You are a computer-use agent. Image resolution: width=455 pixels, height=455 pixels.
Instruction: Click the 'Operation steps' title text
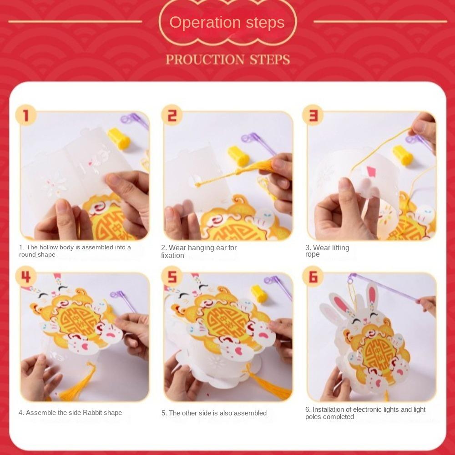(227, 23)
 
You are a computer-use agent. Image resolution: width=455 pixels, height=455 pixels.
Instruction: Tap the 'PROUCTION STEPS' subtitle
(228, 60)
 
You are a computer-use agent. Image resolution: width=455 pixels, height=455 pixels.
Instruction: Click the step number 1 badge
(26, 115)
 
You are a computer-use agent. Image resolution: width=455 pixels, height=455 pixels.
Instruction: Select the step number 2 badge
(172, 115)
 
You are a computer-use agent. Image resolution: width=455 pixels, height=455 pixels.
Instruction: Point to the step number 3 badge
(313, 115)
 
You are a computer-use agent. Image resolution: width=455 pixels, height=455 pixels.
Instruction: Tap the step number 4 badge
(26, 277)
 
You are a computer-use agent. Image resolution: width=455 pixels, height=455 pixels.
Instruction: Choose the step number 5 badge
(172, 277)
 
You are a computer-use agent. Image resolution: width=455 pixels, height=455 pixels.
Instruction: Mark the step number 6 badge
(313, 277)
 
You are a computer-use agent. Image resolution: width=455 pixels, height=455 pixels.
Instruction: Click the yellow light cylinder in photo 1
(119, 138)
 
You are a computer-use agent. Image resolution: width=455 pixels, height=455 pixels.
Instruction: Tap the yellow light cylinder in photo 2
(238, 156)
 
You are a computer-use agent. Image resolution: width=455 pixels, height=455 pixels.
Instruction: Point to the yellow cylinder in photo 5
(259, 293)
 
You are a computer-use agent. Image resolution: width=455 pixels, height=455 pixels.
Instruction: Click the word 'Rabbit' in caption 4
(92, 413)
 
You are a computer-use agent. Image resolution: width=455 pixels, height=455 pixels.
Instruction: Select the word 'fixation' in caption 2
(172, 256)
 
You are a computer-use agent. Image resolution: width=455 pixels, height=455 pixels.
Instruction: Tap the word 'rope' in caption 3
(312, 254)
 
